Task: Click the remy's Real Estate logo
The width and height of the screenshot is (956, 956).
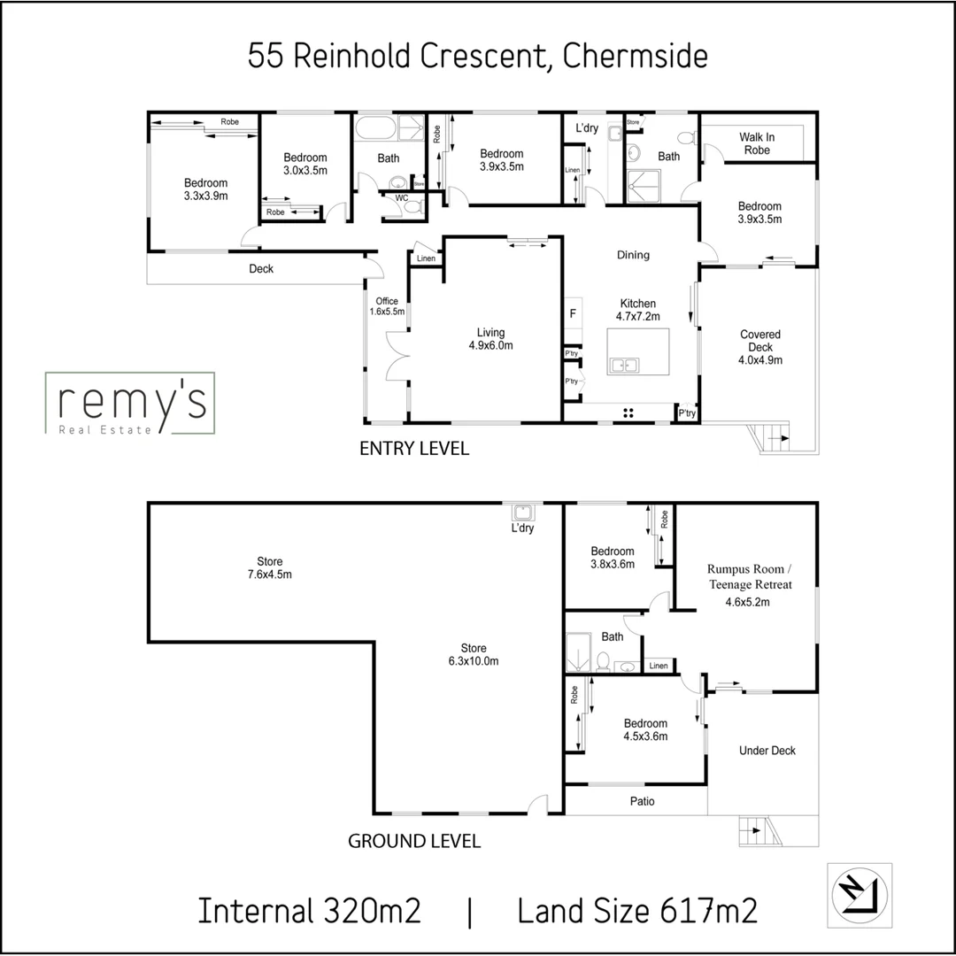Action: (x=129, y=404)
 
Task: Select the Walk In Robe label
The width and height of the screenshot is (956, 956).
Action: (x=756, y=143)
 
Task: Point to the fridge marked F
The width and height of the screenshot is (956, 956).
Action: (x=573, y=313)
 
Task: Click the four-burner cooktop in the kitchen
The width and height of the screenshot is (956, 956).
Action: (x=629, y=412)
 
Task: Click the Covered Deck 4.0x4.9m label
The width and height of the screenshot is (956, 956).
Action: (x=760, y=347)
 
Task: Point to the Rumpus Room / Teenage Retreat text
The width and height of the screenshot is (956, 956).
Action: (x=749, y=577)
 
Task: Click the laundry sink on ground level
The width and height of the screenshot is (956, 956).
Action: (x=522, y=512)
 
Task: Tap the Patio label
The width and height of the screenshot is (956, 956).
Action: (x=643, y=801)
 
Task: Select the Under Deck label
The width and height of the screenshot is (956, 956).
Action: (x=767, y=751)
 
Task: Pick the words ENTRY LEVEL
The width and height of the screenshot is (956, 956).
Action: (x=413, y=449)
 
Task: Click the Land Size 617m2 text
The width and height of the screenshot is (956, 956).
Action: (x=637, y=911)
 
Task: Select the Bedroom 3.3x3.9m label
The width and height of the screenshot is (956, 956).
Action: (x=205, y=189)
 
